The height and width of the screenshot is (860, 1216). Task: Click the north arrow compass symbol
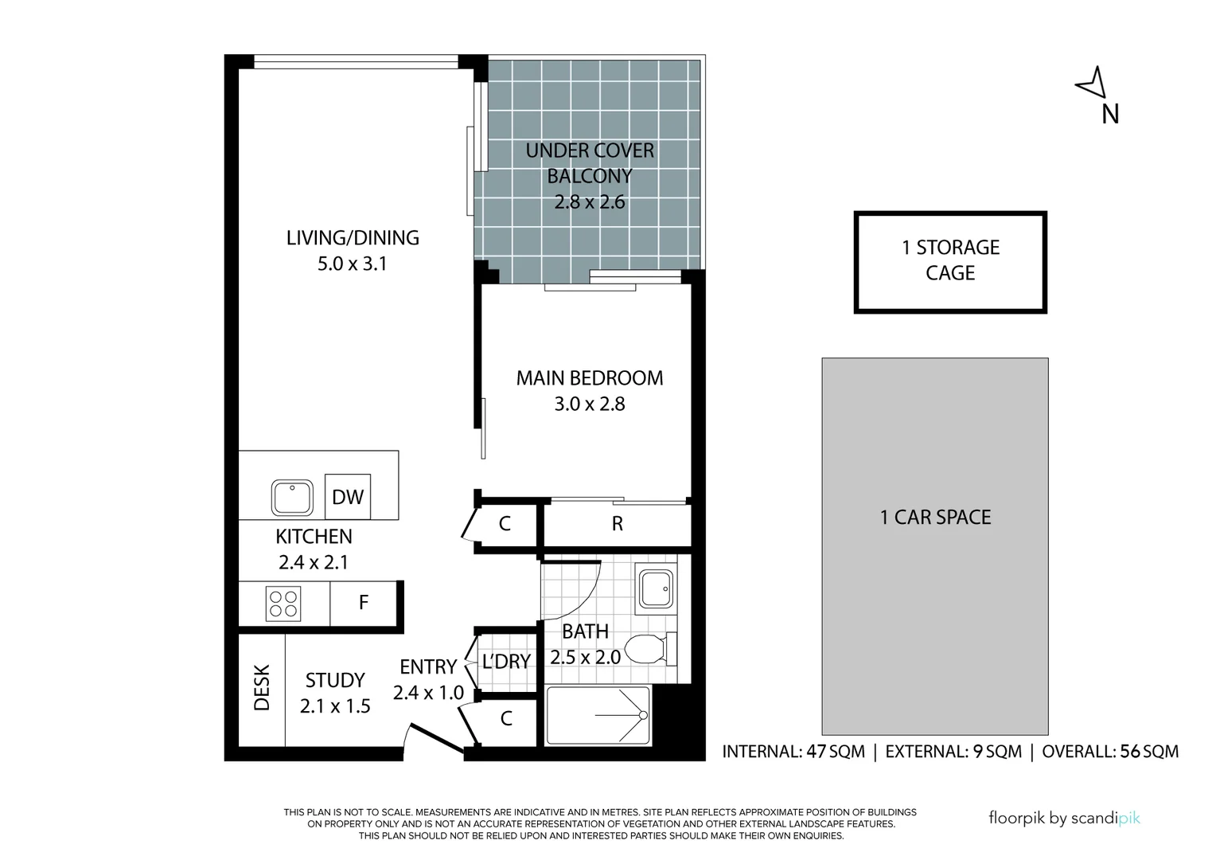1092,83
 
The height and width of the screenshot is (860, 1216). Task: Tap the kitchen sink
292,498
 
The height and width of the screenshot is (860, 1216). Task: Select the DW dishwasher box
348,497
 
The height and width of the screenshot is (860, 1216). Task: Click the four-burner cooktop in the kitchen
283,604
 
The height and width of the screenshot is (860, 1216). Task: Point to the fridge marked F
363,603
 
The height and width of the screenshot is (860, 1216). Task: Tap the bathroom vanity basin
656,590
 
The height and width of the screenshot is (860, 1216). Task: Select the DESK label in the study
263,688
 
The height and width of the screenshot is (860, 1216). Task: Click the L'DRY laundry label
506,662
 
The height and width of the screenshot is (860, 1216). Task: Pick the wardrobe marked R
617,524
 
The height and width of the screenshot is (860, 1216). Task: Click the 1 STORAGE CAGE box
950,261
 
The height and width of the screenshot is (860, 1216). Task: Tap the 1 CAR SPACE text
935,518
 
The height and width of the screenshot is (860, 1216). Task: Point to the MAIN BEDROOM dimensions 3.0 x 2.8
590,405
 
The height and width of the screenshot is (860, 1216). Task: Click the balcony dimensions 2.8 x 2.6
590,202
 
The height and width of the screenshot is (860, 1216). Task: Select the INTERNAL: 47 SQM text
793,752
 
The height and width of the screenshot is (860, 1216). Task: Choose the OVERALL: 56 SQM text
1110,752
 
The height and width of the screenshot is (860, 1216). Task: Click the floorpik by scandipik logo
1064,818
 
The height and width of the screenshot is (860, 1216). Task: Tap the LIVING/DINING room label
353,237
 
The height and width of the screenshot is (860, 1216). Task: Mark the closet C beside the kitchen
505,524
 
